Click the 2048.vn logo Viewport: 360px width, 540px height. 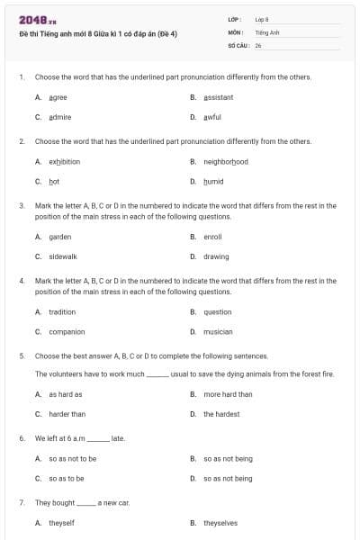coord(37,20)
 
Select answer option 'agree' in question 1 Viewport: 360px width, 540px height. coord(58,97)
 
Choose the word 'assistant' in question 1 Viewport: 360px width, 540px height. coord(218,97)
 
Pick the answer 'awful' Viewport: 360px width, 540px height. coord(211,117)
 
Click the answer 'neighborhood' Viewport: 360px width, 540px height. coord(225,162)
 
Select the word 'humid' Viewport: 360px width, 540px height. coord(212,182)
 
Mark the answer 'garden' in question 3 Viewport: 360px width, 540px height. coord(59,237)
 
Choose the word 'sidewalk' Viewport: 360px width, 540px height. coord(63,256)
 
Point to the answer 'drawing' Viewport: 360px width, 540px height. coord(216,256)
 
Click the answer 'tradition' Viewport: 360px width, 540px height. coord(62,312)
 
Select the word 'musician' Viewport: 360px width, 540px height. coord(217,332)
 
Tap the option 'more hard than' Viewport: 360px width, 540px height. coord(228,394)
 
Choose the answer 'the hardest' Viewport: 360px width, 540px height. coord(220,414)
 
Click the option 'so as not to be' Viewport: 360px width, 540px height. coord(72,459)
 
